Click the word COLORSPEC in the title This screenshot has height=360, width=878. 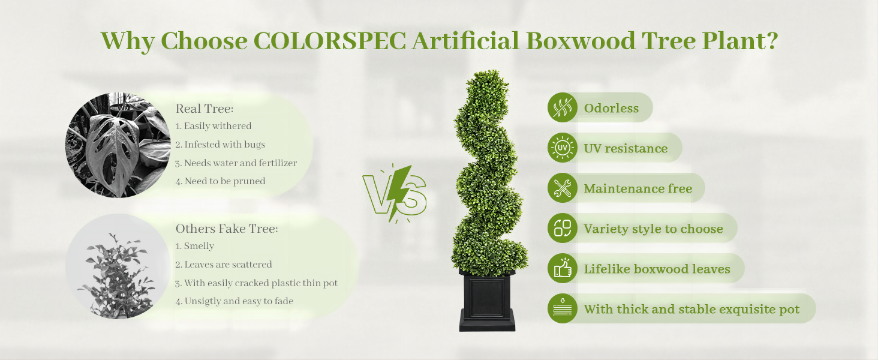(x=330, y=40)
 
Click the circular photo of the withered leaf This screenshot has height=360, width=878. (x=118, y=145)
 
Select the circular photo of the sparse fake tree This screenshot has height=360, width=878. (x=118, y=266)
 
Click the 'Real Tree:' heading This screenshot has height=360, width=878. (x=205, y=109)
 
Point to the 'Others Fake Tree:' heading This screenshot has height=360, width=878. (x=227, y=229)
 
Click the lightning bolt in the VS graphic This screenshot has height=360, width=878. (x=400, y=192)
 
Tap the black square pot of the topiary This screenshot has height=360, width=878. (x=487, y=301)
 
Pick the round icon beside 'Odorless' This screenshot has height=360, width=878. (x=563, y=107)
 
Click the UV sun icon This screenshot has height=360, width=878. (x=563, y=148)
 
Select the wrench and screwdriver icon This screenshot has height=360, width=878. (x=563, y=188)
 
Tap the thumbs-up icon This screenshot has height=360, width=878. (x=563, y=268)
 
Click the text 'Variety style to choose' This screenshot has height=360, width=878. (x=654, y=229)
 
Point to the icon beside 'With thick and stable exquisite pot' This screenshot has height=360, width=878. (x=563, y=308)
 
